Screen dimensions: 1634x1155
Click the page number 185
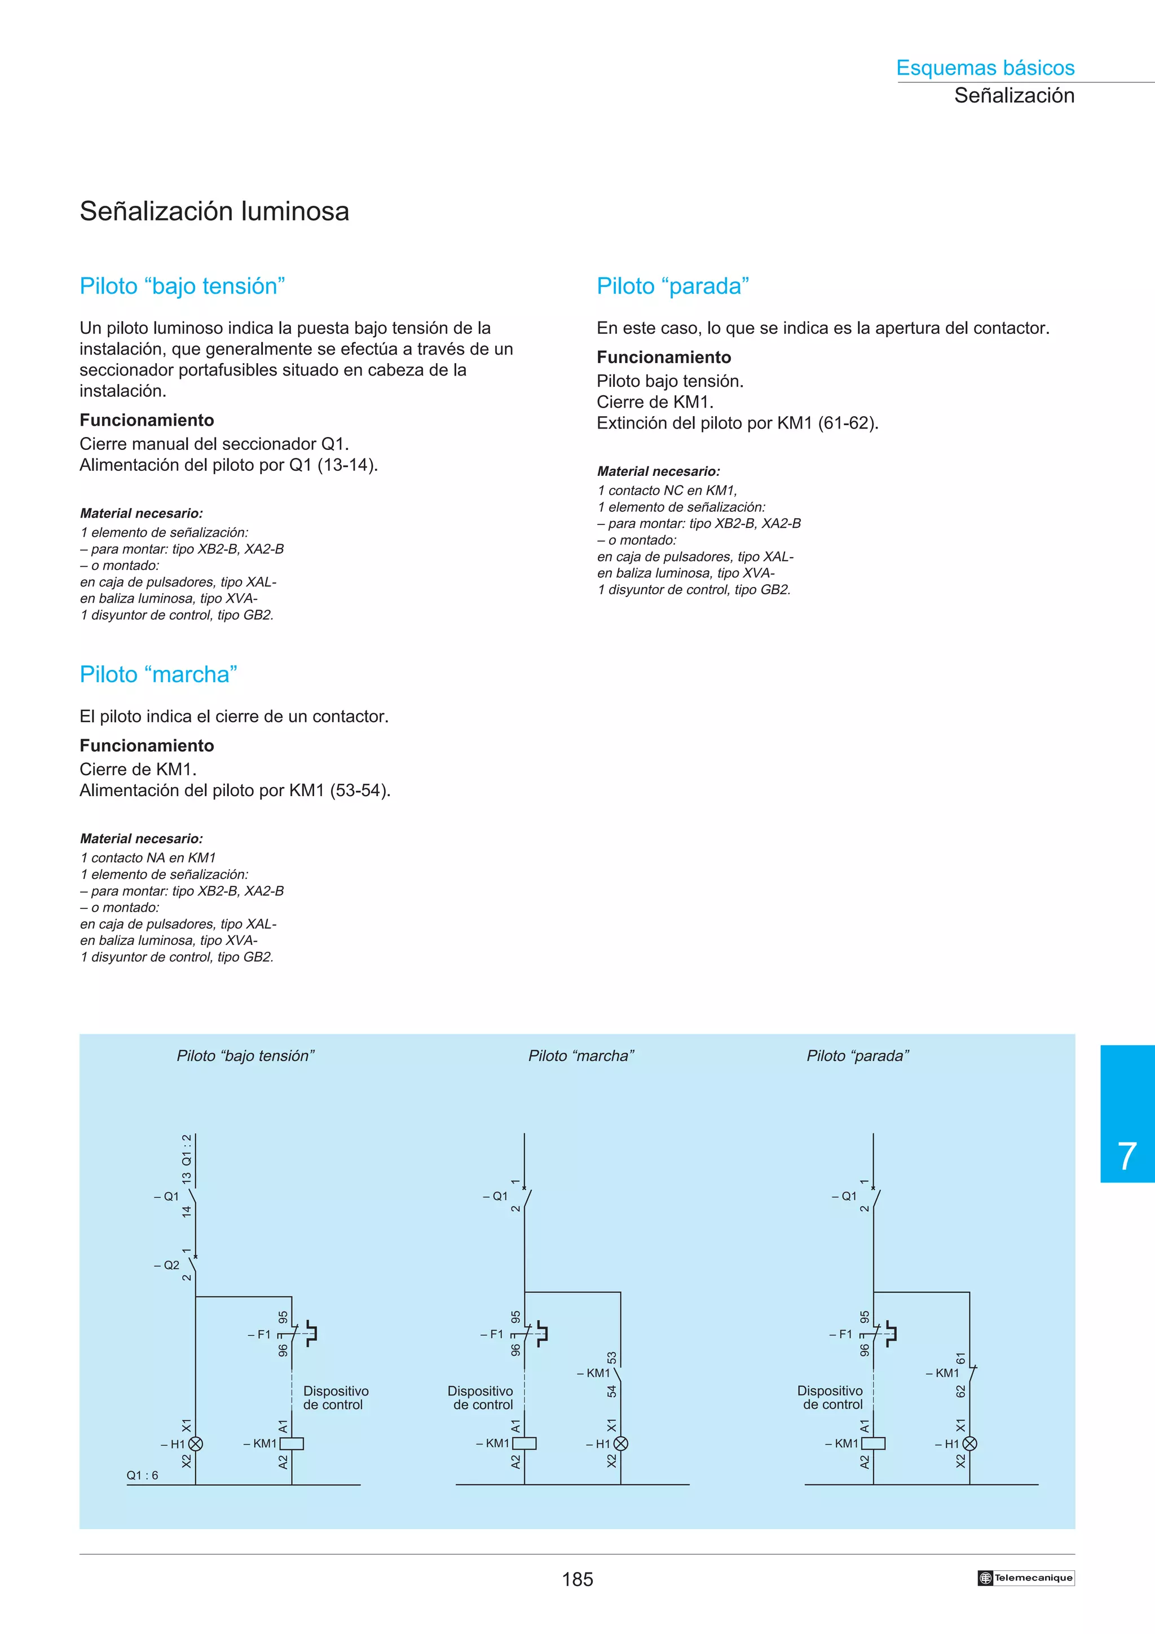[577, 1579]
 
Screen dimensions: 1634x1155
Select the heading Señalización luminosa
[214, 211]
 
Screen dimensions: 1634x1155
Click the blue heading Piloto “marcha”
[158, 674]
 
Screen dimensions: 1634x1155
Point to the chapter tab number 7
[1127, 1156]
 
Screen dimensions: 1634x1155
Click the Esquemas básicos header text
[985, 68]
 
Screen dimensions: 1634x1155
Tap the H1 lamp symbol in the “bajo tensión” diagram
[196, 1444]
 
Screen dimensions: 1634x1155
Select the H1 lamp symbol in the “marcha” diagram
[620, 1444]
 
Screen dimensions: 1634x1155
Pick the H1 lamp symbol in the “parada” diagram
[969, 1444]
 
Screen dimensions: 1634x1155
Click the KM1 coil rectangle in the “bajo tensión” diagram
[292, 1444]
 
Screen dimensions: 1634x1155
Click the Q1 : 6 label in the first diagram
[142, 1476]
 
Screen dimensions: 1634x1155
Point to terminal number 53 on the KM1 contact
[612, 1358]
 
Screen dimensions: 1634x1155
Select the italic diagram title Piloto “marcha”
[581, 1056]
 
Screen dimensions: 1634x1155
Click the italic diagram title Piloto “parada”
[858, 1056]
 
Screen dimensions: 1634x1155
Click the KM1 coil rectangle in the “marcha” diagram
[524, 1444]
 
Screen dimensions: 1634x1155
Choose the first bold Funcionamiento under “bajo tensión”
[147, 420]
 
